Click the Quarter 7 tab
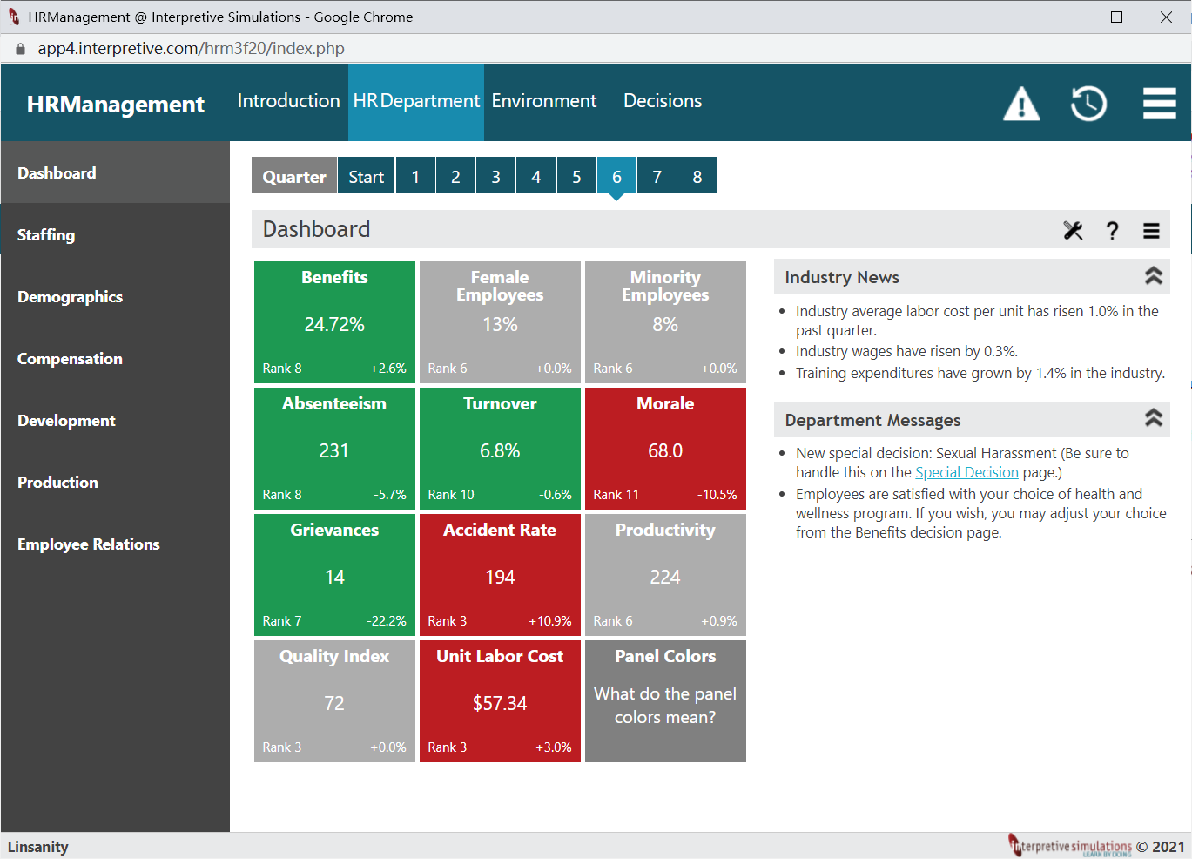point(657,176)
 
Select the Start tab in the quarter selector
point(366,176)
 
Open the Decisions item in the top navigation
point(663,101)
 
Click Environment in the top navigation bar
point(544,101)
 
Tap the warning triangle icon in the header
point(1021,104)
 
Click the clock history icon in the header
point(1088,103)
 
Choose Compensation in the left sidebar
point(70,358)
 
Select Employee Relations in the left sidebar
point(88,544)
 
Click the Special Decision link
point(966,472)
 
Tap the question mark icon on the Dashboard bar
point(1112,231)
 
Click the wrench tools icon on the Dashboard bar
point(1073,231)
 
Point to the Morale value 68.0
point(665,450)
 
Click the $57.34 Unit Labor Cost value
point(500,703)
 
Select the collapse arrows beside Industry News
point(1153,276)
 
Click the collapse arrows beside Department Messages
point(1153,418)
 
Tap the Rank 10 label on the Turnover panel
point(451,494)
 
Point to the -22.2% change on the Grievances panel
point(387,620)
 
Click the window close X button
point(1166,17)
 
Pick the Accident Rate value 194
point(500,577)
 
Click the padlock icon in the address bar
point(20,49)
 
